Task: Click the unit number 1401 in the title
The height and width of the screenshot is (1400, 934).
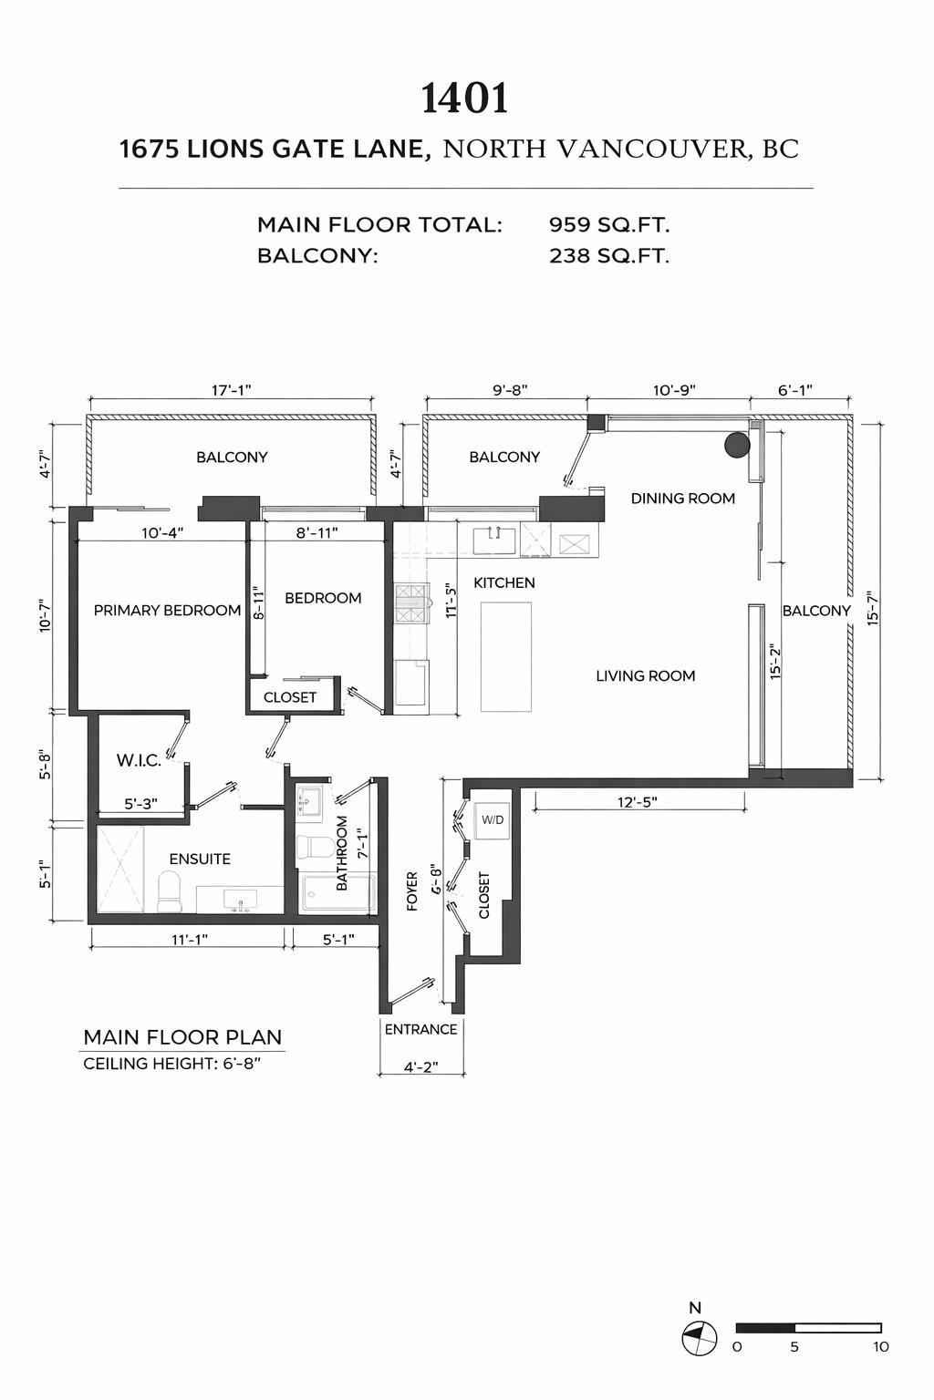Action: pos(464,98)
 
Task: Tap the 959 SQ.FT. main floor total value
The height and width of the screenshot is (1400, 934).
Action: pos(608,224)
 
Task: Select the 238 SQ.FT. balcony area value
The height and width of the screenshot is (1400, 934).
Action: pos(608,256)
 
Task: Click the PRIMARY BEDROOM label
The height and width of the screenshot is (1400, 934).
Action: pos(167,610)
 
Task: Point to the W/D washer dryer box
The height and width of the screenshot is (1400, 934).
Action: pos(493,820)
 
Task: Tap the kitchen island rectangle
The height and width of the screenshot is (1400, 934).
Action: pos(506,656)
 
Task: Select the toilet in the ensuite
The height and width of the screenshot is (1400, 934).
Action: pos(170,890)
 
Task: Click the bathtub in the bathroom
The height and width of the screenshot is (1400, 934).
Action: pos(337,893)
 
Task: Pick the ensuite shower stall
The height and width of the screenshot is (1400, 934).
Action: pos(120,869)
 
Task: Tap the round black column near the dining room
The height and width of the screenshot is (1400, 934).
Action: pos(737,444)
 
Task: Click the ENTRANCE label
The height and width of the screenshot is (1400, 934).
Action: pos(420,1029)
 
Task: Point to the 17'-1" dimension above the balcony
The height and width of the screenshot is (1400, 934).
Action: pos(231,390)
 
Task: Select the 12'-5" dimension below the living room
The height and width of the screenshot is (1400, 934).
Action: pos(638,802)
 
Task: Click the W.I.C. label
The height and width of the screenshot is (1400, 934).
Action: pos(139,760)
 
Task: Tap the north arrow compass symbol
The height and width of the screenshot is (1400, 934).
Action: pos(699,1339)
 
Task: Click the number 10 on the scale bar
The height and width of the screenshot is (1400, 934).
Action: pos(879,1347)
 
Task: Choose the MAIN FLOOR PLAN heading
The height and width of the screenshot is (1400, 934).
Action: pos(182,1037)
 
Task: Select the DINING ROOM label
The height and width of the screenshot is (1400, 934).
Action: pos(682,498)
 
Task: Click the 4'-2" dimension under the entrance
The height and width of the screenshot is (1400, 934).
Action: pos(420,1067)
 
